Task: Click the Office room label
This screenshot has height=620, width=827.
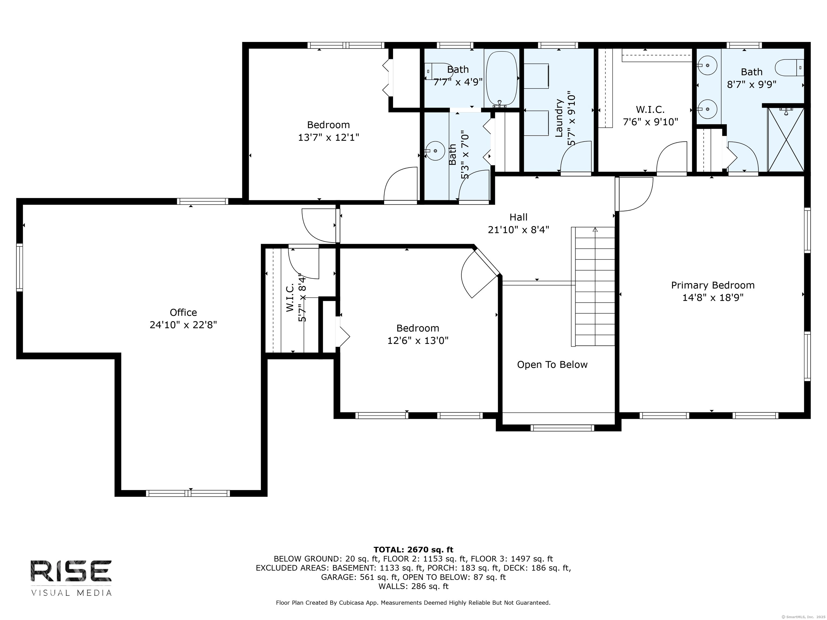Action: pos(183,312)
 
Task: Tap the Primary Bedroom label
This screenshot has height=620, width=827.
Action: pos(713,285)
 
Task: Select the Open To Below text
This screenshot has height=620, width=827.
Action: pos(552,365)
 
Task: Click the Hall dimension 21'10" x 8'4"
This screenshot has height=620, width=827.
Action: pos(518,230)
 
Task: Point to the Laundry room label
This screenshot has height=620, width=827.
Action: pos(559,118)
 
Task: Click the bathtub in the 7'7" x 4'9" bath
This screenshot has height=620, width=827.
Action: pos(501,79)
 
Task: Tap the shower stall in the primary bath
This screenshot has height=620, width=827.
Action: pos(786,139)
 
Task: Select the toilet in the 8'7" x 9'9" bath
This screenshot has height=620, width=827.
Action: pos(789,68)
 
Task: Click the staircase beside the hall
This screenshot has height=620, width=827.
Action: pos(593,286)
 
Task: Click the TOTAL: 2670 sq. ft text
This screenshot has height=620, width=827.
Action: pos(413,550)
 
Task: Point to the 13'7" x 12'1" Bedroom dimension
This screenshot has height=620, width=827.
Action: pos(328,138)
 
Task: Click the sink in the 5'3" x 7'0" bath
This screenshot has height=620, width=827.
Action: pos(434,151)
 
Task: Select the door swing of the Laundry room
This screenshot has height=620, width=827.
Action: pos(576,157)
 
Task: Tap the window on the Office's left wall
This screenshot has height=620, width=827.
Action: pos(19,267)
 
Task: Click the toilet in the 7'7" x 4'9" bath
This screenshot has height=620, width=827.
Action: pos(439,71)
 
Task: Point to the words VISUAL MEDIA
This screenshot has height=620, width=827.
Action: pos(71,593)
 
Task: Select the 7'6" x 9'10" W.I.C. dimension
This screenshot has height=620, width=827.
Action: pos(650,122)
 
